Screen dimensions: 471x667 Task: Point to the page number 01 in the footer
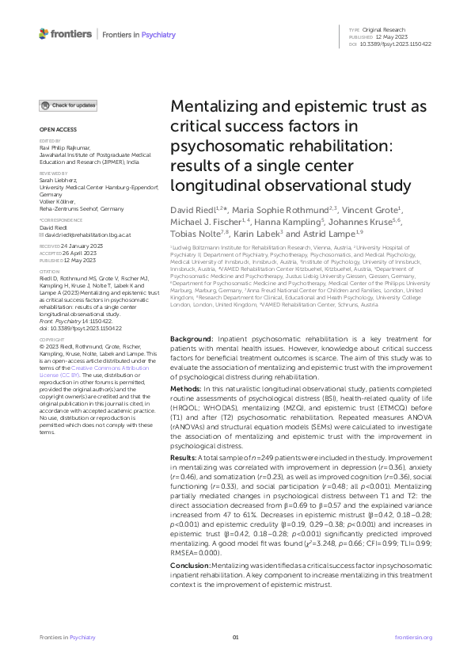coord(235,638)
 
